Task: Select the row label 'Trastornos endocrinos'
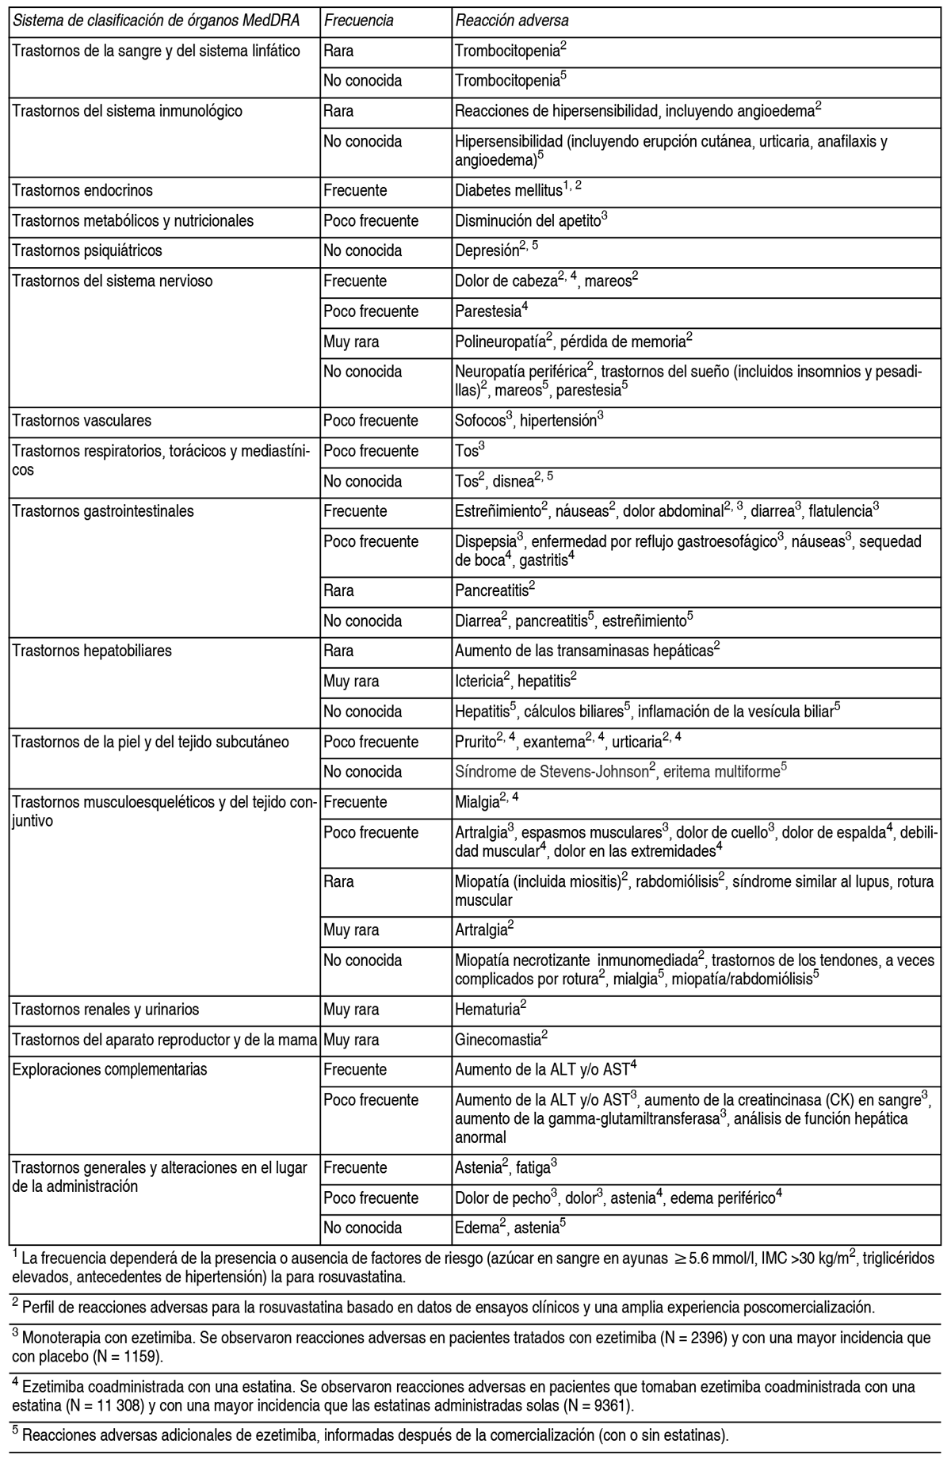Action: (82, 191)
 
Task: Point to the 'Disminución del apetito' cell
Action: (528, 221)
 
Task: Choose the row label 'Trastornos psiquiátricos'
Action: (87, 251)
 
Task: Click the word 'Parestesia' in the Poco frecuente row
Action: (487, 311)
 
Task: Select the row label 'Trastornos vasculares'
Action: (82, 421)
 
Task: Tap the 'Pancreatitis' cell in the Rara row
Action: (491, 591)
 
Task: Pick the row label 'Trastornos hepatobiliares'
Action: (92, 651)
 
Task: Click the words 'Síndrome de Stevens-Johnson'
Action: (552, 772)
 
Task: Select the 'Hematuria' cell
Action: (487, 1010)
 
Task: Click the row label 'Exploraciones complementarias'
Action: (110, 1070)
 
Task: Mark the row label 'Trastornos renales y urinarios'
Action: (105, 1010)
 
